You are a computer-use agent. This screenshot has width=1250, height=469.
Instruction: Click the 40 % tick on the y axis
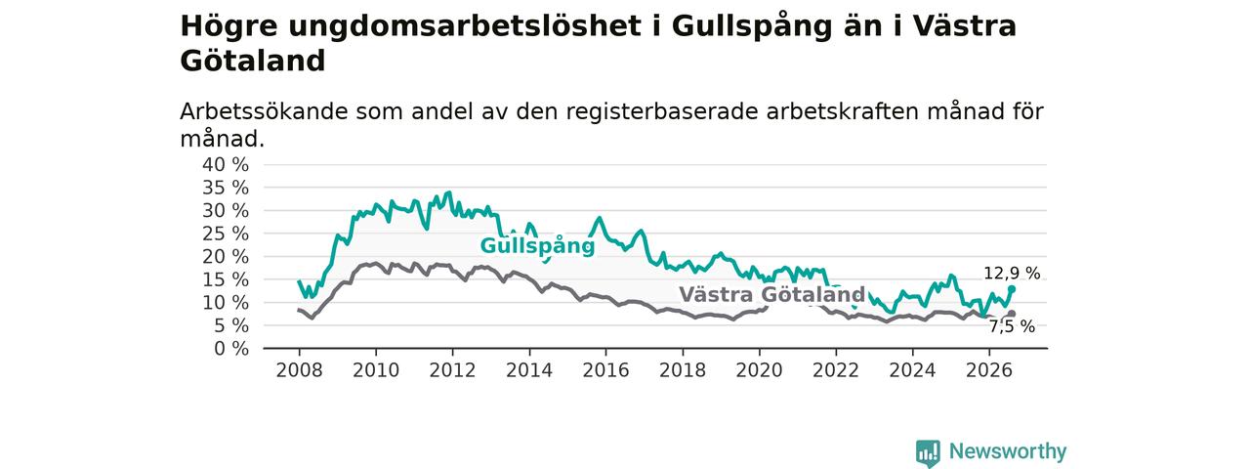click(x=226, y=165)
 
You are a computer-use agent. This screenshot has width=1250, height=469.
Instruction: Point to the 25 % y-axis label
click(x=226, y=234)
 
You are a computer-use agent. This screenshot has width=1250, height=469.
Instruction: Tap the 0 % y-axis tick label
click(x=231, y=349)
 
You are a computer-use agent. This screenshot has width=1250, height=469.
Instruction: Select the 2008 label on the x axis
click(x=299, y=370)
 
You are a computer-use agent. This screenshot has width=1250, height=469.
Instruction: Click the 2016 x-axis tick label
click(x=605, y=370)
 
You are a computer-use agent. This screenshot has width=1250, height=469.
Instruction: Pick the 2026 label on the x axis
click(x=989, y=370)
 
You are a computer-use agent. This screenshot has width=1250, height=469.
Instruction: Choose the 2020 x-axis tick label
click(x=759, y=370)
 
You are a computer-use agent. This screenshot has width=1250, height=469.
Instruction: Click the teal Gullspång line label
click(x=537, y=245)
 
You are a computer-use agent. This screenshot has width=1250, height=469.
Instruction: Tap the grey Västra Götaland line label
click(x=771, y=294)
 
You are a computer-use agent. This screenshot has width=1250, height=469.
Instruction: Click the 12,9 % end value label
click(x=1012, y=274)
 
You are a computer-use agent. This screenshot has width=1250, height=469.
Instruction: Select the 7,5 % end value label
click(x=1012, y=326)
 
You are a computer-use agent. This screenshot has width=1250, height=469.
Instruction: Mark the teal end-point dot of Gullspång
click(x=1012, y=289)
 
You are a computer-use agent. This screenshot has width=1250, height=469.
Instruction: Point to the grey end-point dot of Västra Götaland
click(x=1012, y=314)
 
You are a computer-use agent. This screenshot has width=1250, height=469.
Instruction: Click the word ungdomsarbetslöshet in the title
click(x=465, y=26)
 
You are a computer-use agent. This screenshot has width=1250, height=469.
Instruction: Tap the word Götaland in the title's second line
click(x=253, y=61)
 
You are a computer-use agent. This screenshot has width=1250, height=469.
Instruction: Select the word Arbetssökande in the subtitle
click(x=264, y=111)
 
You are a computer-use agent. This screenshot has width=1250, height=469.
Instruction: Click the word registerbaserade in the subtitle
click(x=662, y=112)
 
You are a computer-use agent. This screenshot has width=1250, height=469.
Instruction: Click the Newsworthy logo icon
click(x=928, y=452)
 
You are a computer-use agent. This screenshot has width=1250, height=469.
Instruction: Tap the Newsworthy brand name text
click(x=1008, y=451)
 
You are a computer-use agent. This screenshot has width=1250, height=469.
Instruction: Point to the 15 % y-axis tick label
click(x=226, y=279)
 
